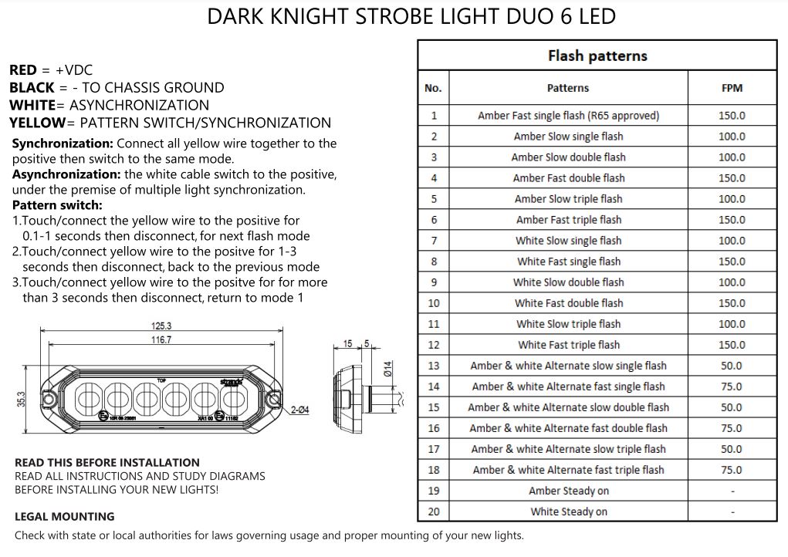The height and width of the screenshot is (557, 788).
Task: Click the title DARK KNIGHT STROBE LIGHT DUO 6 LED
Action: tap(411, 17)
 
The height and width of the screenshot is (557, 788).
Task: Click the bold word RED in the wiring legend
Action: tap(23, 70)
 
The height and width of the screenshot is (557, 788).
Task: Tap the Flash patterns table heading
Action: tap(597, 56)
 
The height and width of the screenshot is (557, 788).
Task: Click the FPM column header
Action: tap(731, 88)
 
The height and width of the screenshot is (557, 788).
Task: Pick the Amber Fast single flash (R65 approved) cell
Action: tap(568, 116)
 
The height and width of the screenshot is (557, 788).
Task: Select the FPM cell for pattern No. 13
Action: tap(731, 366)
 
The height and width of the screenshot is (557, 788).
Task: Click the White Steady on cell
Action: tap(568, 511)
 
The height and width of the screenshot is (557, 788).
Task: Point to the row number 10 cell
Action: tap(433, 303)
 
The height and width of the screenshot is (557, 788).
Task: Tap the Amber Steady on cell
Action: tap(568, 491)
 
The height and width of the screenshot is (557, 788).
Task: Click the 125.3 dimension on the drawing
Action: tap(161, 325)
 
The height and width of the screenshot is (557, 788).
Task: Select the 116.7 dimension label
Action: tap(161, 339)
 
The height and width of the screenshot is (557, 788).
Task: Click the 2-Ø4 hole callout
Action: tap(299, 410)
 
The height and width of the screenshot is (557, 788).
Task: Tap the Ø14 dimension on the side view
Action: tap(388, 369)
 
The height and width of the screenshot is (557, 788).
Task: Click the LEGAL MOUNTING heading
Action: tap(64, 516)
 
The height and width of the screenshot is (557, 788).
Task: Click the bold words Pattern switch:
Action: tap(57, 206)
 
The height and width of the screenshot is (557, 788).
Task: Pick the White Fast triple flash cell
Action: tap(568, 345)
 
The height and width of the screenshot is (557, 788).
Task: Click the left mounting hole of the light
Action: tap(48, 398)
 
